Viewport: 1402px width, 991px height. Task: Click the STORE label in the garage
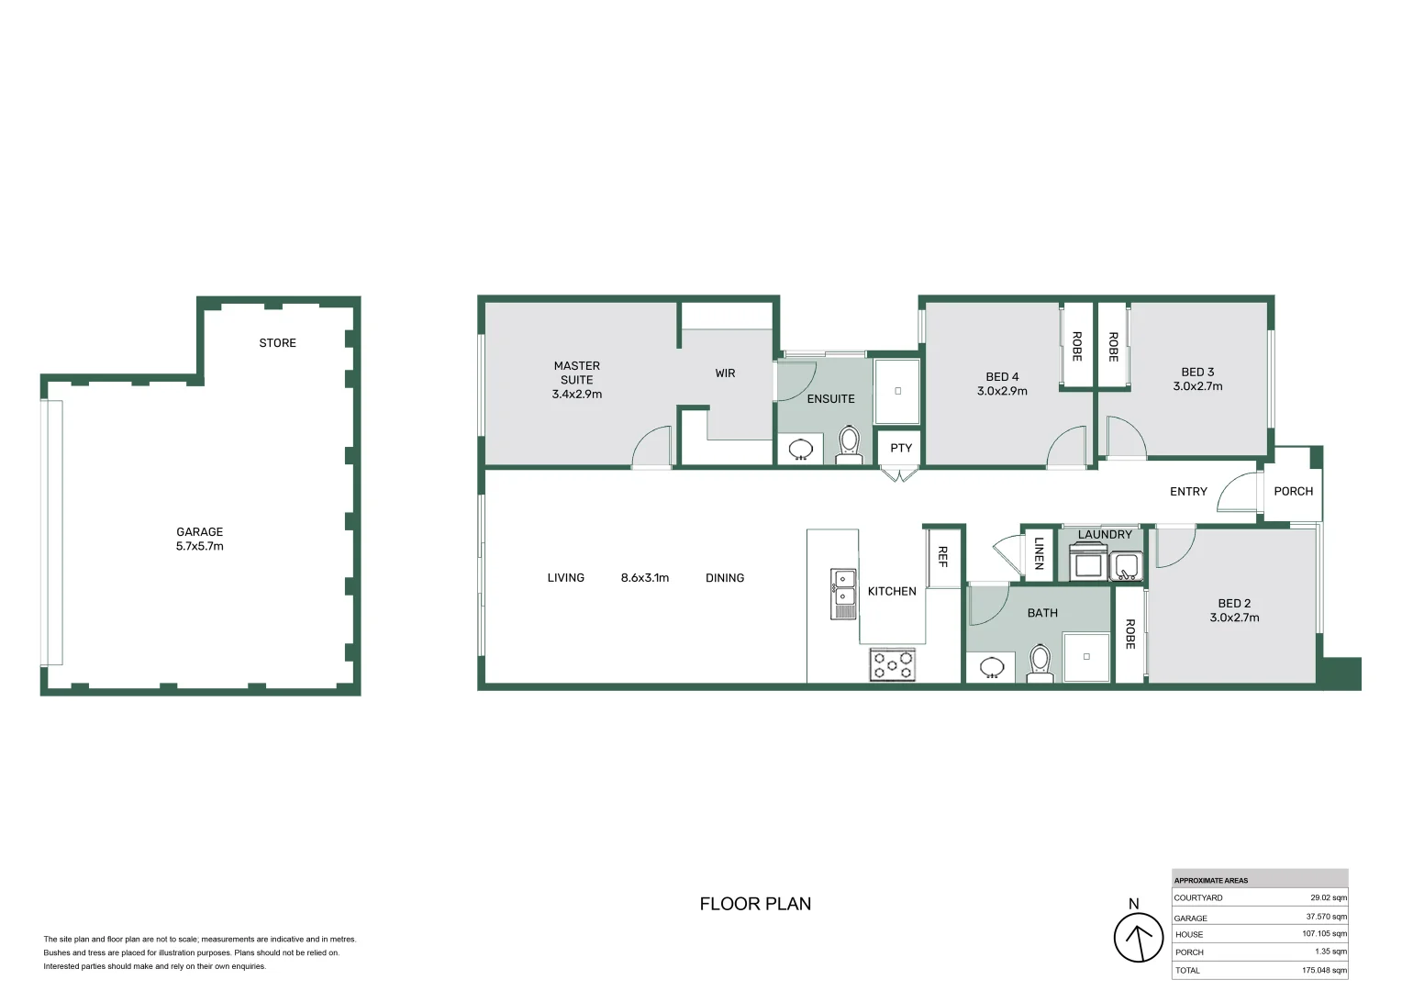[277, 343]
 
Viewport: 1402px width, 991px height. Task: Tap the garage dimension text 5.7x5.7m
[200, 546]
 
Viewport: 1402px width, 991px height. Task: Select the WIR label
[725, 373]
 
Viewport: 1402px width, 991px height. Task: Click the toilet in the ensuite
[849, 445]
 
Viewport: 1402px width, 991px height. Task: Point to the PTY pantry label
[901, 448]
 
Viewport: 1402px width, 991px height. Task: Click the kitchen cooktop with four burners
[893, 664]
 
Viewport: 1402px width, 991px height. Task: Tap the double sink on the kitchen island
[843, 594]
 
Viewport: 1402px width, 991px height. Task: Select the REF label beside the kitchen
[942, 557]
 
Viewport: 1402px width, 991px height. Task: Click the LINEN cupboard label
[1039, 553]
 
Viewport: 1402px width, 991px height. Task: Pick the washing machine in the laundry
[1088, 562]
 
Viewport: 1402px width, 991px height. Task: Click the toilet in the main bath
[1040, 663]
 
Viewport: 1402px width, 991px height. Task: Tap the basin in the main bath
[992, 667]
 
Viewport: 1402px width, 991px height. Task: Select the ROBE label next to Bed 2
[1129, 634]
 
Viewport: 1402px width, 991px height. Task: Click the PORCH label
[1293, 492]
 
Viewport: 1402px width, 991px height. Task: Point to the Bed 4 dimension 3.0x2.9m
[1002, 391]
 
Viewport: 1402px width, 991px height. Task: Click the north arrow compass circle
[1139, 937]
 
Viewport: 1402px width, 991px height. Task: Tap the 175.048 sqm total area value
[1324, 970]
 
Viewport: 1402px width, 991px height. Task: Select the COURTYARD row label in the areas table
[1198, 897]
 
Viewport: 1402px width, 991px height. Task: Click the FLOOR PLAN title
[755, 904]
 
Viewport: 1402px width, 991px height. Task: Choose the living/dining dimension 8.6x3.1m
[645, 578]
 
